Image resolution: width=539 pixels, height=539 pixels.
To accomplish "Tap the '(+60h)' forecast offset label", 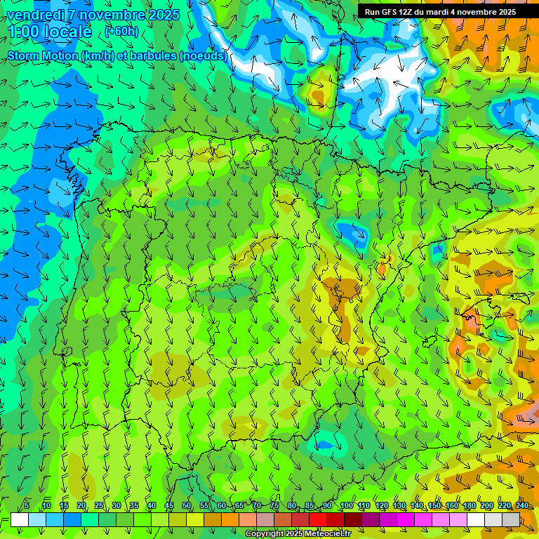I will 121,32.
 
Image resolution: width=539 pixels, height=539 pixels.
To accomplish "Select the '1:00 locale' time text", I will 50,32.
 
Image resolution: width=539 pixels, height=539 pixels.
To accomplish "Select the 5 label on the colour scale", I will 27,506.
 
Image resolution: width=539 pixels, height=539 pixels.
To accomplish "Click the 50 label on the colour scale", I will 187,506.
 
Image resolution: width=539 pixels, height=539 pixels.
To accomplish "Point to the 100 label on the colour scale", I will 346,506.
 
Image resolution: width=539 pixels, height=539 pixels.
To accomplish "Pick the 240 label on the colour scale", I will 522,506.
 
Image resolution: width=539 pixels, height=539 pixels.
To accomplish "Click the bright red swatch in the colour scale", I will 318,519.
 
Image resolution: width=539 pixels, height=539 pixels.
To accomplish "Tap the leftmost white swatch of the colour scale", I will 20,519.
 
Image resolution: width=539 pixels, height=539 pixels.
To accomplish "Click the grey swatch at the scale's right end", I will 511,519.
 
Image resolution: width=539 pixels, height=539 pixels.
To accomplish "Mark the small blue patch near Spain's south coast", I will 324,444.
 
